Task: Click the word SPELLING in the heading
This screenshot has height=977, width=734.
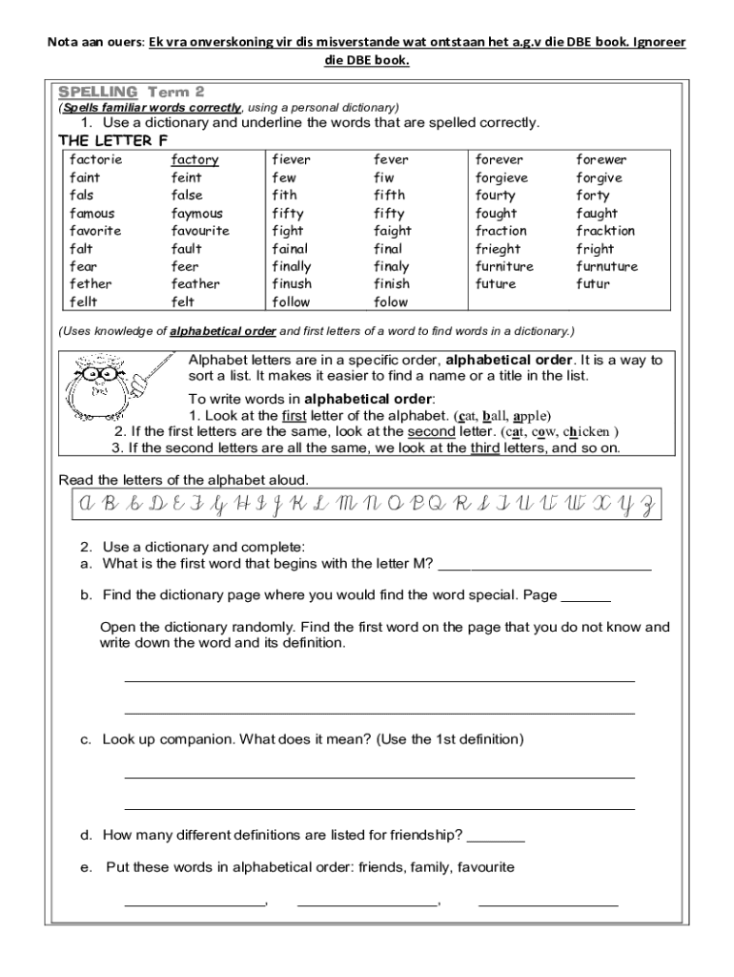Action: [x=98, y=92]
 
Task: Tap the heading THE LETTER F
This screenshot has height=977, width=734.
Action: [x=107, y=140]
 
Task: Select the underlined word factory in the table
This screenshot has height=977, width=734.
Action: [x=194, y=159]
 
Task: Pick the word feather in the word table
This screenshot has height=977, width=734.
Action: [x=195, y=283]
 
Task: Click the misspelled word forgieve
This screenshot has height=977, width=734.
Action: [x=501, y=177]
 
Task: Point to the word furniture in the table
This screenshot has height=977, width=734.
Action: [x=504, y=266]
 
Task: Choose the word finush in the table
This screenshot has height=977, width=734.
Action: [x=292, y=283]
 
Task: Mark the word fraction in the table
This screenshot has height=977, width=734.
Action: [x=500, y=230]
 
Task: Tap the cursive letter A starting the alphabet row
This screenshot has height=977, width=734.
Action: [x=86, y=505]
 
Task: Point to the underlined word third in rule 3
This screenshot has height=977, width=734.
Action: [x=485, y=447]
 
